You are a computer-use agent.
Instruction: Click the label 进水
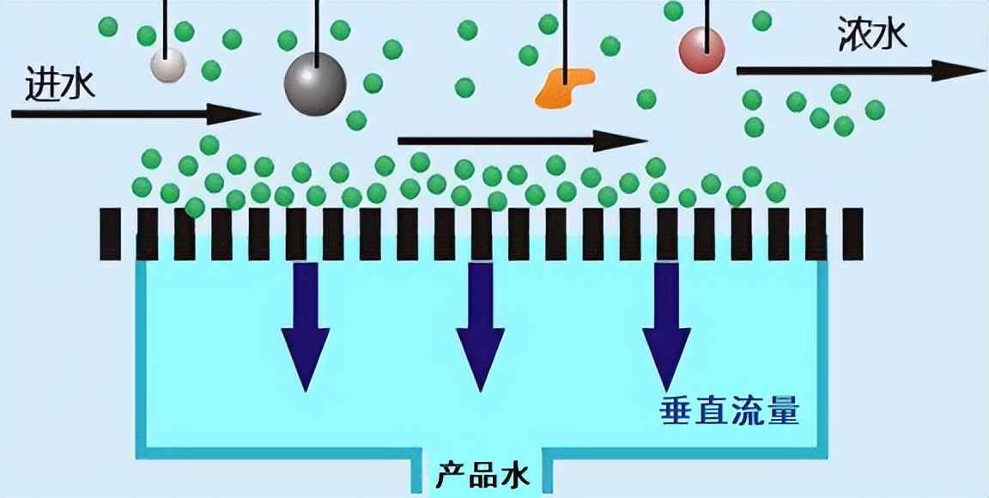pos(61,83)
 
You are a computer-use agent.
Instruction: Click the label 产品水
pos(482,477)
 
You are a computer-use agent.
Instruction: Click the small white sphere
pos(168,64)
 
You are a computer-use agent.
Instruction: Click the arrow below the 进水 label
pos(137,114)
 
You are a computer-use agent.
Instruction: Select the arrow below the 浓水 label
pos(861,70)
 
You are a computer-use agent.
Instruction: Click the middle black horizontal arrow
pos(523,141)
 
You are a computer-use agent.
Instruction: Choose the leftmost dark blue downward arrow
pos(306,326)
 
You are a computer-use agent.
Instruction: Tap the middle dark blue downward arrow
pos(481,326)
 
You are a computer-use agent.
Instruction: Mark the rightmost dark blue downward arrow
pos(667,326)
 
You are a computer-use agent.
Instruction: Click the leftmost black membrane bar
pos(111,234)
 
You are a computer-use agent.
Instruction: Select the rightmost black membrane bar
pos(852,234)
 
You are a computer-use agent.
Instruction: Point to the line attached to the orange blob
pos(565,41)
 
